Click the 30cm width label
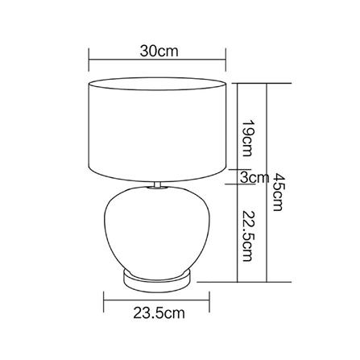pos(159,51)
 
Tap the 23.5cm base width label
pos(159,313)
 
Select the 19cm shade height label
pos(247,138)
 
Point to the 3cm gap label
pos(254,177)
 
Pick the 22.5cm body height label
pos(247,236)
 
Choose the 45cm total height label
pos(278,192)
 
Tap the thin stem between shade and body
pos(157,184)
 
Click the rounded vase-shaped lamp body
pos(157,231)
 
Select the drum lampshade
pos(158,130)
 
